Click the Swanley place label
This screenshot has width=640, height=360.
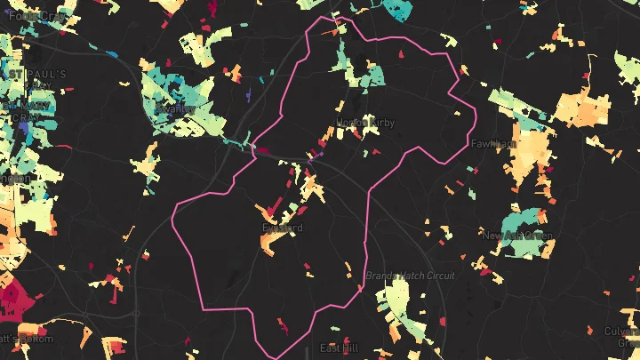tap(173, 108)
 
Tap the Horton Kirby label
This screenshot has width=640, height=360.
tap(364, 123)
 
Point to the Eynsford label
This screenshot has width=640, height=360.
tap(283, 228)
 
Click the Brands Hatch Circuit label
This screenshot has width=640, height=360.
tap(410, 276)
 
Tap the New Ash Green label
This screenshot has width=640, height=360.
tap(516, 236)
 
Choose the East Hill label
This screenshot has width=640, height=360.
tap(339, 348)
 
